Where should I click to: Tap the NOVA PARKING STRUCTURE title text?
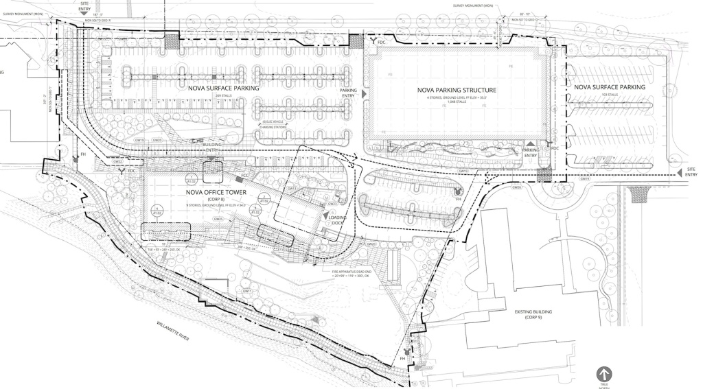click(457, 91)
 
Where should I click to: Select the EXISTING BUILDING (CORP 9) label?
click(533, 315)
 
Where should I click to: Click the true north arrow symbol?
click(604, 374)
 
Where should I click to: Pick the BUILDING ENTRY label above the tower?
click(211, 148)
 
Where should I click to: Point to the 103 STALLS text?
click(610, 96)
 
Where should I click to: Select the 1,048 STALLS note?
click(457, 103)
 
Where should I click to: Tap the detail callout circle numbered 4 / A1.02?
click(157, 210)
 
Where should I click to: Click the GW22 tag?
click(117, 162)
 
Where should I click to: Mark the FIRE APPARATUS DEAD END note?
click(354, 274)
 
